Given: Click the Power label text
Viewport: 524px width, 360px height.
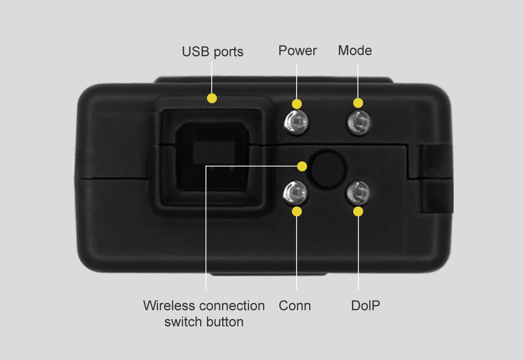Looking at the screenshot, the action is click(298, 50).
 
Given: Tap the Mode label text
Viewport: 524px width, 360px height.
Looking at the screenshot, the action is click(355, 50).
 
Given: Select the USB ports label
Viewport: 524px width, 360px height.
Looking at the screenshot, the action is click(213, 52).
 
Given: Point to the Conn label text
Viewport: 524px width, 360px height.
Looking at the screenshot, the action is click(294, 306).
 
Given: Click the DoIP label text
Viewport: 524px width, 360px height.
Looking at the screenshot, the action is click(366, 306).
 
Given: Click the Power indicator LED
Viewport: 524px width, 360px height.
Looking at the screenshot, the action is click(296, 122).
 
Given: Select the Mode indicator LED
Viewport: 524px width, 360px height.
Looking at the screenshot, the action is click(358, 122).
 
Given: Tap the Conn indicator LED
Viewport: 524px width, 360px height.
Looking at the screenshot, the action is click(296, 193).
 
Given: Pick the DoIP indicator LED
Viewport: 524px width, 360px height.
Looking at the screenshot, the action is click(358, 193).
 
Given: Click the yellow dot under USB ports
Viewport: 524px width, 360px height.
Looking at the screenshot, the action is click(212, 99).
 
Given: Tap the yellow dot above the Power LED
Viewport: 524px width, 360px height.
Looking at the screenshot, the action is click(297, 104).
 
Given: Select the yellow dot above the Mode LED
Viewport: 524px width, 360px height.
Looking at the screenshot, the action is click(358, 103).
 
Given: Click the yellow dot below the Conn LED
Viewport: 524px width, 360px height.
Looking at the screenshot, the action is click(297, 212).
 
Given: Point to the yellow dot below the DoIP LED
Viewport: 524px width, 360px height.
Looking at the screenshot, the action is click(358, 212).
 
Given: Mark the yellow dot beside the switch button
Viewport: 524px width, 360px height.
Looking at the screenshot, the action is click(302, 166).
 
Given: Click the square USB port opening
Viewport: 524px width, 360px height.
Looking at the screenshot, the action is click(212, 157).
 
